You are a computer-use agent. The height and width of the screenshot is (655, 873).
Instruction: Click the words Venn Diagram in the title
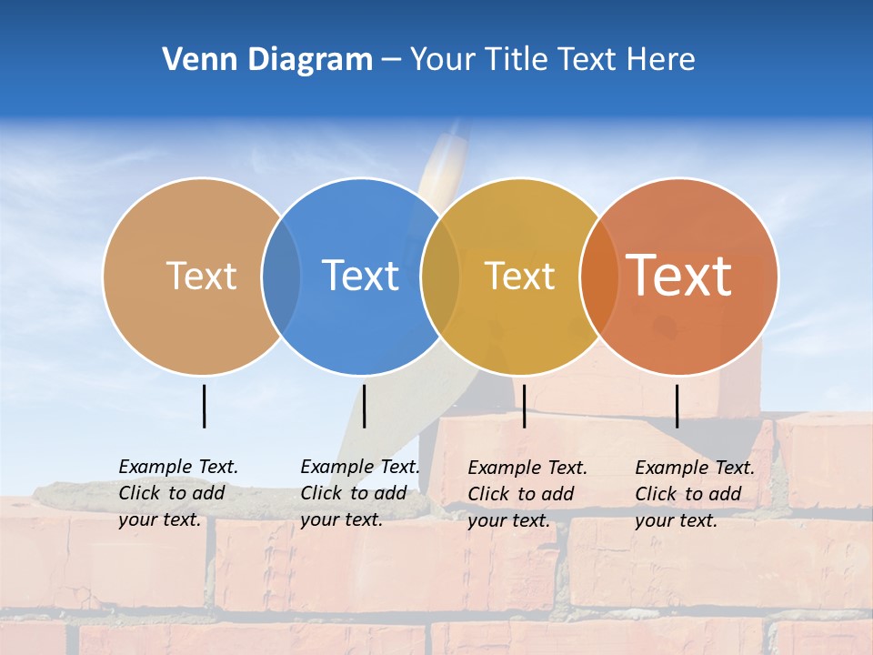pyautogui.click(x=267, y=60)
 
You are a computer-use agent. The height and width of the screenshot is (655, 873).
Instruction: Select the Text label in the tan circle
pyautogui.click(x=201, y=276)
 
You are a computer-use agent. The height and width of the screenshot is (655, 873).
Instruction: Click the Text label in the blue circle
pyautogui.click(x=360, y=276)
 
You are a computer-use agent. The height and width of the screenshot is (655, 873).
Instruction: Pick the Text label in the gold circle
pyautogui.click(x=519, y=276)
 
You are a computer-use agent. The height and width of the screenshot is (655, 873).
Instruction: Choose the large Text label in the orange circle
pyautogui.click(x=679, y=276)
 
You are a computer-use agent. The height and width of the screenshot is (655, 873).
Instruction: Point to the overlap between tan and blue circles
pyautogui.click(x=281, y=277)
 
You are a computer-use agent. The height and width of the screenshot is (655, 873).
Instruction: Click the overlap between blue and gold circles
pyautogui.click(x=440, y=277)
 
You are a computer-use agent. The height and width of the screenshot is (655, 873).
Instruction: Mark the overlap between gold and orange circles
pyautogui.click(x=598, y=277)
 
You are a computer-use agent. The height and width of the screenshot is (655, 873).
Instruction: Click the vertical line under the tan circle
pyautogui.click(x=205, y=406)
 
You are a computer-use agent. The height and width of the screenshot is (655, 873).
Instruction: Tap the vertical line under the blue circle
pyautogui.click(x=364, y=406)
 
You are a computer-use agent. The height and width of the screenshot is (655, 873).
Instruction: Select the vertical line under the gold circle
pyautogui.click(x=524, y=406)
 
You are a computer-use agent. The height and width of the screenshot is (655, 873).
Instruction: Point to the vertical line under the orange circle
pyautogui.click(x=677, y=406)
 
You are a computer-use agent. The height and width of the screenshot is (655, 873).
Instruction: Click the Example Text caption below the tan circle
pyautogui.click(x=177, y=493)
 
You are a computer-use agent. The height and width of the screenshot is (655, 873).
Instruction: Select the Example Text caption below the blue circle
pyautogui.click(x=359, y=493)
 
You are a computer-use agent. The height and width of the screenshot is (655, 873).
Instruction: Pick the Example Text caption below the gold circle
pyautogui.click(x=527, y=494)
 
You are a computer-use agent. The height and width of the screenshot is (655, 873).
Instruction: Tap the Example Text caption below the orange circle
pyautogui.click(x=694, y=494)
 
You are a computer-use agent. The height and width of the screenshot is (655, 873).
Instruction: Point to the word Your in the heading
pyautogui.click(x=442, y=60)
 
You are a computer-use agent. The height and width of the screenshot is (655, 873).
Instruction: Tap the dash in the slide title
pyautogui.click(x=391, y=61)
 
